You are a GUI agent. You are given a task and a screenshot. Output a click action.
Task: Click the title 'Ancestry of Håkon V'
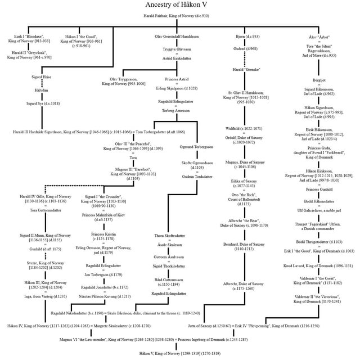(x=180, y=5)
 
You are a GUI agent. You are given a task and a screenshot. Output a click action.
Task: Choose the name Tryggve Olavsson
(x=175, y=49)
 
